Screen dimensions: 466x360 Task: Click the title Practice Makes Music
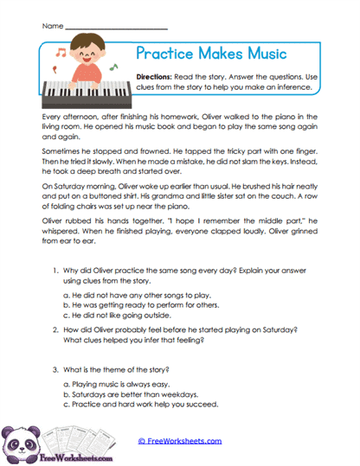pyautogui.click(x=211, y=54)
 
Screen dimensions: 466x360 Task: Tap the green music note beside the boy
pyautogui.click(x=114, y=64)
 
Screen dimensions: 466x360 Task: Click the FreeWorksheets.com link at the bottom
pyautogui.click(x=180, y=441)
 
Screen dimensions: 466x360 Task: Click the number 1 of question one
pyautogui.click(x=55, y=272)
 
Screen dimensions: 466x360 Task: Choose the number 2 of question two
pyautogui.click(x=55, y=330)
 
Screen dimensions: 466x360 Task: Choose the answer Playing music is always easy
pyautogui.click(x=130, y=383)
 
